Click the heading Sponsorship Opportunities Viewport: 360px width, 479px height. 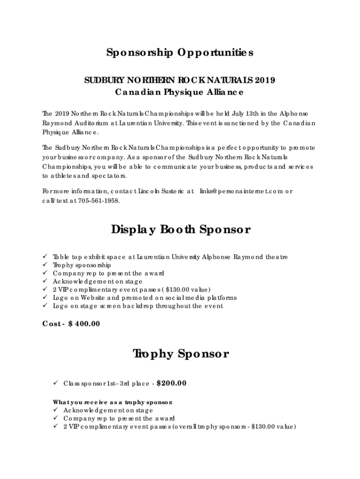[180, 53]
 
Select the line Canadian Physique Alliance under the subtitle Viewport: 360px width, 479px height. [180, 92]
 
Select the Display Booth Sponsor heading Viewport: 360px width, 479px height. [180, 230]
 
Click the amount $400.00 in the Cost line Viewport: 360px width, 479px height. [84, 324]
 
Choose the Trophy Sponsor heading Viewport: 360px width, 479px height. [180, 354]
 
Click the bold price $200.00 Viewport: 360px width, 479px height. [172, 384]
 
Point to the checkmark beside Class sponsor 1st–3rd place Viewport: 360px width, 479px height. [55, 384]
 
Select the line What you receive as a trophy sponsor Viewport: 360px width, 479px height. [113, 402]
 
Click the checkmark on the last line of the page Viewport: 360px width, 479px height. [55, 427]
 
